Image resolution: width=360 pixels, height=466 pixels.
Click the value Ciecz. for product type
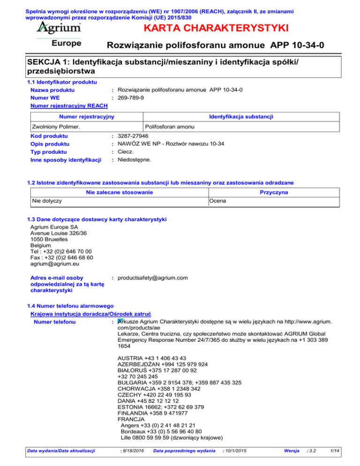click(x=126, y=152)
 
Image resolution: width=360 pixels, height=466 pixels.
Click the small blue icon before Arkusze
click(x=120, y=322)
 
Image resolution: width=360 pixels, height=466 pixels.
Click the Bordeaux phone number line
click(x=165, y=432)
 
